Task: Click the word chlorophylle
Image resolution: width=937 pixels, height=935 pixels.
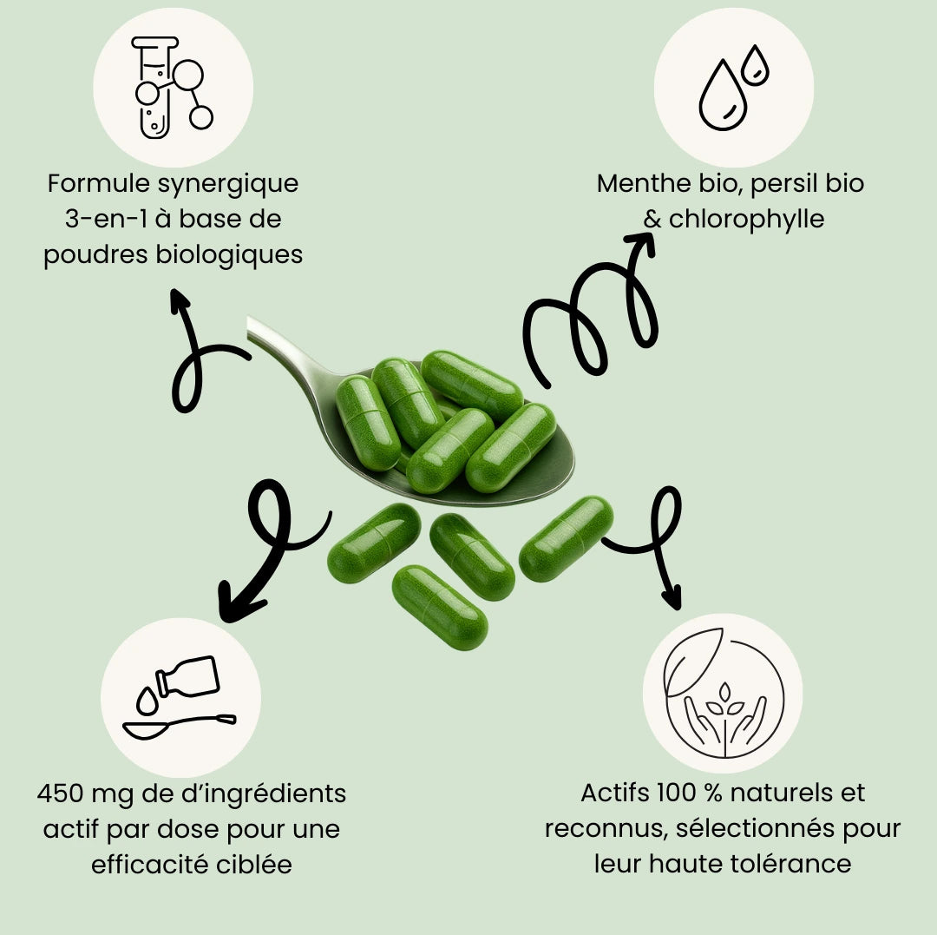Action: (745, 220)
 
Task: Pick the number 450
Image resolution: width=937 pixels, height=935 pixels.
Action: (62, 793)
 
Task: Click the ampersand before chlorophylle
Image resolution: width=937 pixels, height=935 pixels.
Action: (652, 220)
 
